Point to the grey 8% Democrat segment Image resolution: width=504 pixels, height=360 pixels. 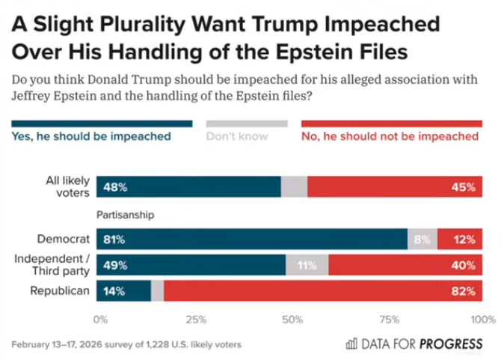click(x=422, y=240)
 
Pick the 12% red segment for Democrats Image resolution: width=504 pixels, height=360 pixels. click(x=465, y=240)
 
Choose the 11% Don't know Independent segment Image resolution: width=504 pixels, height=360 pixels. click(x=307, y=265)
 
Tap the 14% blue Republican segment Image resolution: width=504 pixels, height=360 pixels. click(x=114, y=290)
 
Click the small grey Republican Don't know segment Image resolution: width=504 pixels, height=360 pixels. click(x=157, y=290)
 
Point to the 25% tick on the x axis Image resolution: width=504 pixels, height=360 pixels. click(x=196, y=320)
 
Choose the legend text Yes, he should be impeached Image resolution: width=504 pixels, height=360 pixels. click(x=91, y=136)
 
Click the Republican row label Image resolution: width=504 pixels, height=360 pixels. click(x=60, y=290)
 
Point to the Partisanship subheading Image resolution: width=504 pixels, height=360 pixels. click(x=125, y=215)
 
